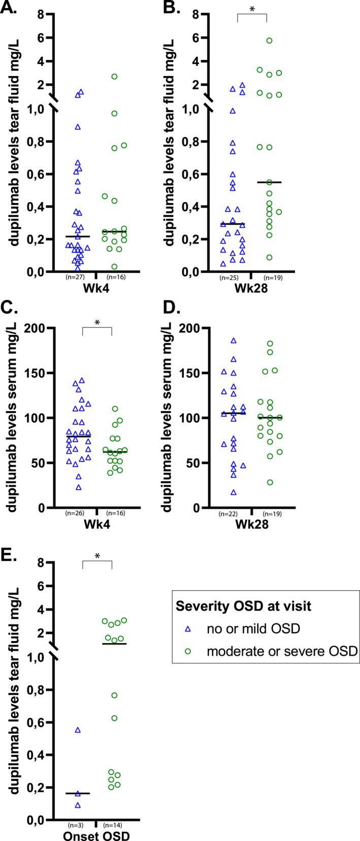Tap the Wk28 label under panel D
pyautogui.click(x=251, y=523)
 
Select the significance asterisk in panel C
pyautogui.click(x=96, y=322)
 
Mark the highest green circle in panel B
pyautogui.click(x=270, y=41)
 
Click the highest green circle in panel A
pyautogui.click(x=115, y=77)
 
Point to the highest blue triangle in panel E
pyautogui.click(x=78, y=730)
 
